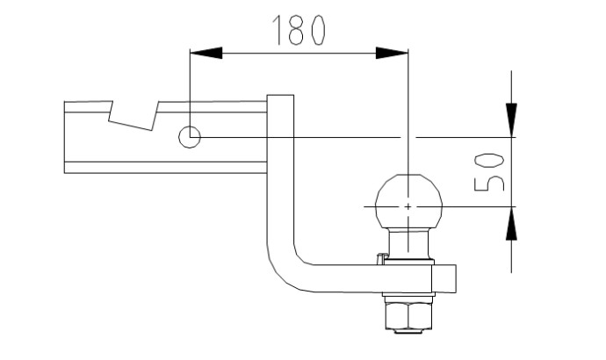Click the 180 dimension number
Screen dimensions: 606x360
[299, 30]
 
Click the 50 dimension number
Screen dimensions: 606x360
[489, 172]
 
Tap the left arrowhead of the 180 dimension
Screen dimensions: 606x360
[206, 53]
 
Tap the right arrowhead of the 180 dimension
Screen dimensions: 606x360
[392, 53]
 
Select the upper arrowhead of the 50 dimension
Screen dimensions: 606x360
[511, 119]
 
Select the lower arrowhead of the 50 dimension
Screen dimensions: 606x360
[511, 223]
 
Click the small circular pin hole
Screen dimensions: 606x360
[190, 137]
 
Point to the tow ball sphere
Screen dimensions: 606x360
[408, 202]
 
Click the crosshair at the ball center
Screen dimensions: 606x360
[408, 207]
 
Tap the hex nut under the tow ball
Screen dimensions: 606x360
[408, 315]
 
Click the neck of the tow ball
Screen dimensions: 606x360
[408, 244]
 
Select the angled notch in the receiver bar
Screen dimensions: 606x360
[134, 116]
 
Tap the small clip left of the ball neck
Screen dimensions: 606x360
[381, 258]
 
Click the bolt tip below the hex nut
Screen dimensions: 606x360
[408, 331]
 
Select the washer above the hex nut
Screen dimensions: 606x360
[408, 299]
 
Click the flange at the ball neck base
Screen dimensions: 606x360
[408, 262]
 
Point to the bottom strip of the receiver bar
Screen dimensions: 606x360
[165, 168]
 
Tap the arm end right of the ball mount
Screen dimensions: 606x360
[444, 278]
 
